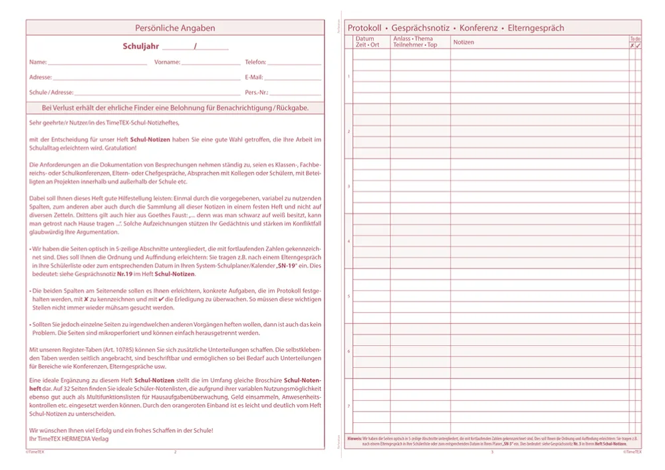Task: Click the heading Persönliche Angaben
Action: (x=175, y=28)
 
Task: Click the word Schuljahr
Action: (x=140, y=46)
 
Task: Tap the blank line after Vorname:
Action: (x=210, y=63)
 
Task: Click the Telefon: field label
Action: (x=255, y=62)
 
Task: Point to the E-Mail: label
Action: (x=254, y=77)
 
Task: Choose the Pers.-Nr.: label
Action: (x=256, y=92)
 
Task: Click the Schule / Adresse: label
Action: (x=51, y=92)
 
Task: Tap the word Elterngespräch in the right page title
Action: (x=535, y=28)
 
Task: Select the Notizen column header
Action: (x=464, y=42)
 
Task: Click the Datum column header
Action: (x=365, y=39)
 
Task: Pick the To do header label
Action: (x=636, y=39)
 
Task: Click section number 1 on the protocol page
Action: (x=349, y=76)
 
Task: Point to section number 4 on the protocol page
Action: (x=349, y=241)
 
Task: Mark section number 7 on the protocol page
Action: (x=349, y=406)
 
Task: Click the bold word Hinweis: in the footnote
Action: (x=354, y=439)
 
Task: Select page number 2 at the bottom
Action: (x=175, y=452)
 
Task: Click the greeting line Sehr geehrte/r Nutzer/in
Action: (x=104, y=123)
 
